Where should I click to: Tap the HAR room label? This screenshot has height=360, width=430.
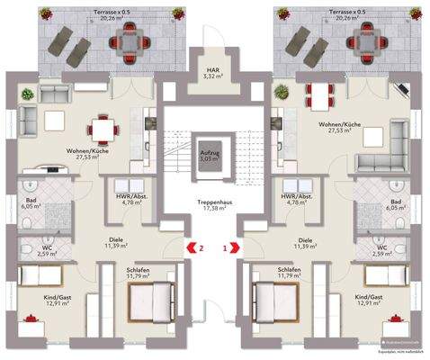(213, 69)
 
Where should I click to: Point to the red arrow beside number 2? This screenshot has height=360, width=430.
(189, 245)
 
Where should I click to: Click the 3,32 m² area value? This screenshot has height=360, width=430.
(213, 77)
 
